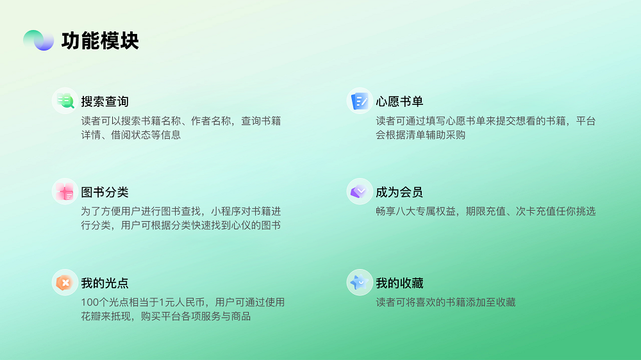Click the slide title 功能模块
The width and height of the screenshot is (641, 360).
[100, 41]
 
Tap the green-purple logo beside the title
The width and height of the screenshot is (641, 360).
[38, 40]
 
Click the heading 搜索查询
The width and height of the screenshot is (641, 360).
[104, 101]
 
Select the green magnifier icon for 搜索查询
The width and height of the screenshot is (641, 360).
[65, 101]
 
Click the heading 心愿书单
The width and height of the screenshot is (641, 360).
[399, 101]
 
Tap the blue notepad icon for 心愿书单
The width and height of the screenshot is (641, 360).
[360, 101]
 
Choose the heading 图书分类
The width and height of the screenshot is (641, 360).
[104, 192]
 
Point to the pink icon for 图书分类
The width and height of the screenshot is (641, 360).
[65, 192]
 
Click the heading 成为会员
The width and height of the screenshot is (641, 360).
[399, 192]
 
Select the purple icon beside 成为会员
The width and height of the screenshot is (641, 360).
[360, 192]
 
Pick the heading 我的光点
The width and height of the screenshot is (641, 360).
[104, 282]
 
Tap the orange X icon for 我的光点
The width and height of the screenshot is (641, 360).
[65, 282]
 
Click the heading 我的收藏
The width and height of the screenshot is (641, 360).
[399, 282]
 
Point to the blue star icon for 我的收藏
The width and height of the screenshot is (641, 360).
[360, 282]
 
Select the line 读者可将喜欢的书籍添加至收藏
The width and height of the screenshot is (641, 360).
[445, 302]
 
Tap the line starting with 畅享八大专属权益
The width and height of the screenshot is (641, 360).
[486, 211]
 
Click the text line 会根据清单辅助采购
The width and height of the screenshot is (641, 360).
[420, 135]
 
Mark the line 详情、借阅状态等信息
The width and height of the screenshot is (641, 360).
[131, 135]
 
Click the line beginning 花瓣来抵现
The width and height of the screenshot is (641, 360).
[165, 316]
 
